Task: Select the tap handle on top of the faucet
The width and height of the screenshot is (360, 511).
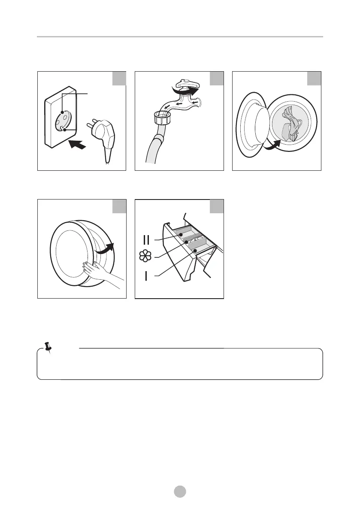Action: point(186,84)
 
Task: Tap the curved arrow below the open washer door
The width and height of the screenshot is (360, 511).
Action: point(272,146)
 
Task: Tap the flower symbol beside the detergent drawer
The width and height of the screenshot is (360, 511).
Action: point(145,257)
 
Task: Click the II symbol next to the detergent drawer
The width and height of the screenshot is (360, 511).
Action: point(146,240)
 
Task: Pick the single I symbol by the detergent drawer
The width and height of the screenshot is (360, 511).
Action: point(146,276)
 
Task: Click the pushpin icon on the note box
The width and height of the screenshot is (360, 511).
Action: point(48,348)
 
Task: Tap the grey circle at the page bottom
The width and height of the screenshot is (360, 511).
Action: point(180,491)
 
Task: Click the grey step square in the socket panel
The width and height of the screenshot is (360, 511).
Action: point(119,79)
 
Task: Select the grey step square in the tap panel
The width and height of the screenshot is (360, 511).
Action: point(217,79)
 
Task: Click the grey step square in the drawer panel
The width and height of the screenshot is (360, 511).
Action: point(217,206)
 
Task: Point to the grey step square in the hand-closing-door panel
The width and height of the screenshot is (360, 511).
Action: point(119,206)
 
